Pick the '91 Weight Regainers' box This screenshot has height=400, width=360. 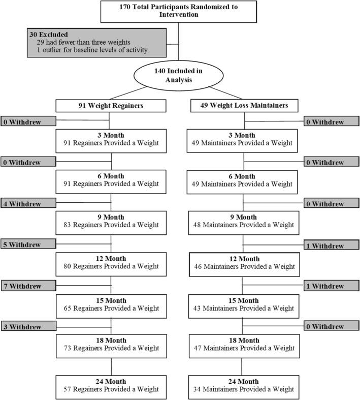pos(111,106)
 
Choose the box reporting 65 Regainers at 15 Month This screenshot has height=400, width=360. pos(111,304)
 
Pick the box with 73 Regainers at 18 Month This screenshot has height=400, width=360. pos(111,345)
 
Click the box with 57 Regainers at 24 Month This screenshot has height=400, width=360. pos(111,385)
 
